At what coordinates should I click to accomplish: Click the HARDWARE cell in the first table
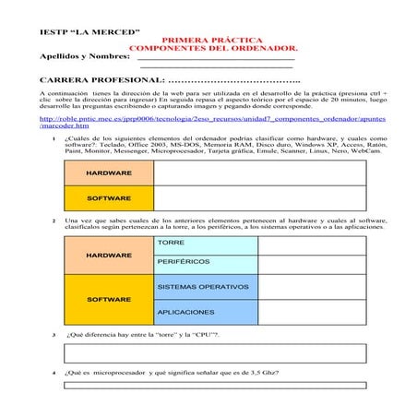(x=109, y=173)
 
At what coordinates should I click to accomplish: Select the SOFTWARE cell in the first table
(x=109, y=198)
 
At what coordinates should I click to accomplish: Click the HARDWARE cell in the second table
(x=109, y=255)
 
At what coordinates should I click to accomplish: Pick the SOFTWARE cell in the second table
(x=109, y=299)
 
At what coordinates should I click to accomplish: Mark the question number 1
(x=54, y=139)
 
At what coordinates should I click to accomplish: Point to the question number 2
(x=54, y=220)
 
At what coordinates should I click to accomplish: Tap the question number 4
(x=54, y=373)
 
